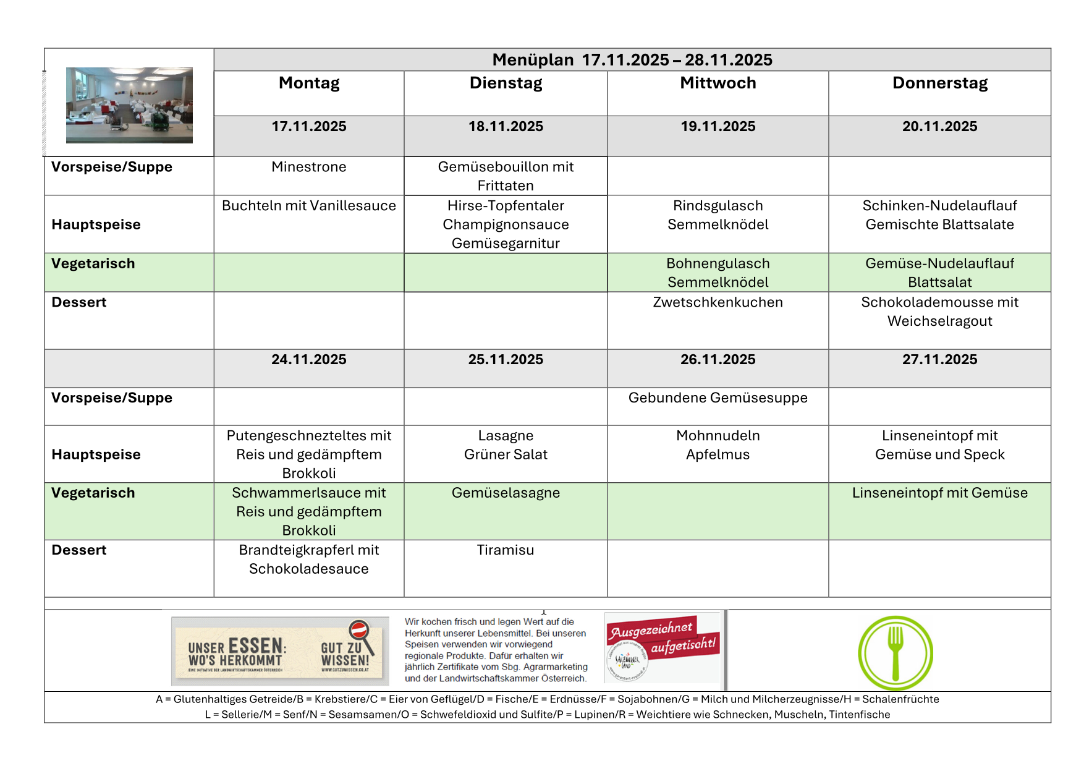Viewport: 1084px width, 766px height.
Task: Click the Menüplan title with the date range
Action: pos(632,60)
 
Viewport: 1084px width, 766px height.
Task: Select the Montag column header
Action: pos(309,83)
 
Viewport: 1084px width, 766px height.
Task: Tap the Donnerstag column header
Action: pos(939,83)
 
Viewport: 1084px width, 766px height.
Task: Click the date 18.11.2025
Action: pos(506,127)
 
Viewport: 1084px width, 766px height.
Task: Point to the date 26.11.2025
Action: pos(718,360)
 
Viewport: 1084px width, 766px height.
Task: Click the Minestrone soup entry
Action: pos(309,167)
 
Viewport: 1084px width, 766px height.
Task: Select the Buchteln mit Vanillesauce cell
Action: pos(309,206)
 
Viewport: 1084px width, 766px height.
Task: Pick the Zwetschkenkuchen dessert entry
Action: pos(718,302)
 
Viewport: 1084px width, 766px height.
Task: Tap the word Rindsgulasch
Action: pos(718,206)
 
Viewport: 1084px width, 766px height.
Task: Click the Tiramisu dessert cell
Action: pos(506,550)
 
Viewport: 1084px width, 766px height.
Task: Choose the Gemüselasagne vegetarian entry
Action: pos(506,493)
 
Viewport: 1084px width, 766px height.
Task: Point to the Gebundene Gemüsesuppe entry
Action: pos(718,398)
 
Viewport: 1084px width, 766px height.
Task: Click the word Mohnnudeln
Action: pos(718,436)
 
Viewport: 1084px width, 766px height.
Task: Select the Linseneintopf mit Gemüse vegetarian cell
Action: pos(939,493)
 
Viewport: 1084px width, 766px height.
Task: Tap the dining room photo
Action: pos(129,105)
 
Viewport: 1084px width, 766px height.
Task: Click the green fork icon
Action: pos(895,653)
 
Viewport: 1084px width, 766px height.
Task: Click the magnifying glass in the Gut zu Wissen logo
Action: pos(359,632)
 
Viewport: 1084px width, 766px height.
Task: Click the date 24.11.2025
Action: pos(309,360)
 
